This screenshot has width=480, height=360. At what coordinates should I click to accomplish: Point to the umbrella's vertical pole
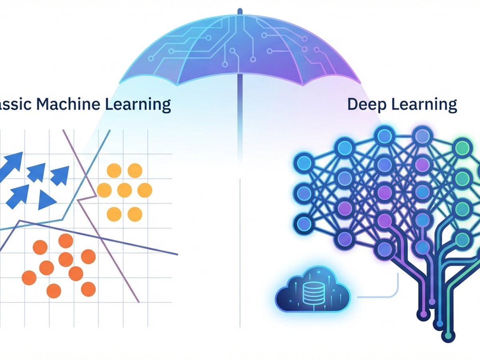pos(240,120)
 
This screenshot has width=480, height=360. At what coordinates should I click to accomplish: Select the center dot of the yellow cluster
pos(124,190)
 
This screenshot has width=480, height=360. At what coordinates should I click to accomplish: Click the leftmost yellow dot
pos(104,190)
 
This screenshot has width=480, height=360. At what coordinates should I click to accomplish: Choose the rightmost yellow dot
pos(145,190)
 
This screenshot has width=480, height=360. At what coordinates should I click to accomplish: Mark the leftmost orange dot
pos(29,277)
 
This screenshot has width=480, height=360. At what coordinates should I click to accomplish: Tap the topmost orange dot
pos(66,241)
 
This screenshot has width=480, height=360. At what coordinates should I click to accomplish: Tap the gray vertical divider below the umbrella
pos(240,252)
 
